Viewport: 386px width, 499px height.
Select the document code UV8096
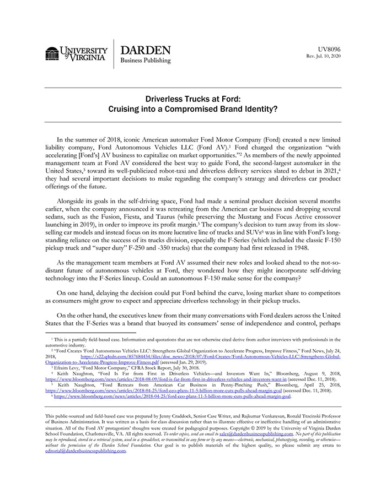(330, 49)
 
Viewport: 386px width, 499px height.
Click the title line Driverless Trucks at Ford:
(192, 99)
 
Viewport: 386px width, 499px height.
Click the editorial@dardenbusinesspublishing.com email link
(85, 466)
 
